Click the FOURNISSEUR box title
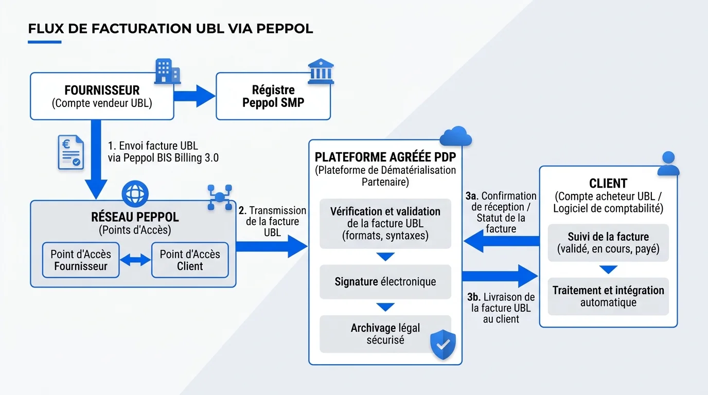coord(102,91)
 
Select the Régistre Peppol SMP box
coord(273,96)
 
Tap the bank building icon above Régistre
coord(320,71)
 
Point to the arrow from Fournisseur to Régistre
coord(194,96)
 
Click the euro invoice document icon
coord(70,152)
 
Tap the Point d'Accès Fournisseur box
coord(81,260)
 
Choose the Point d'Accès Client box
coord(190,260)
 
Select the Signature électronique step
coord(385,282)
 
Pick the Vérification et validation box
coord(385,224)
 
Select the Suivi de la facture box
coord(608,243)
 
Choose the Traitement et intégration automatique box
coord(608,296)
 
